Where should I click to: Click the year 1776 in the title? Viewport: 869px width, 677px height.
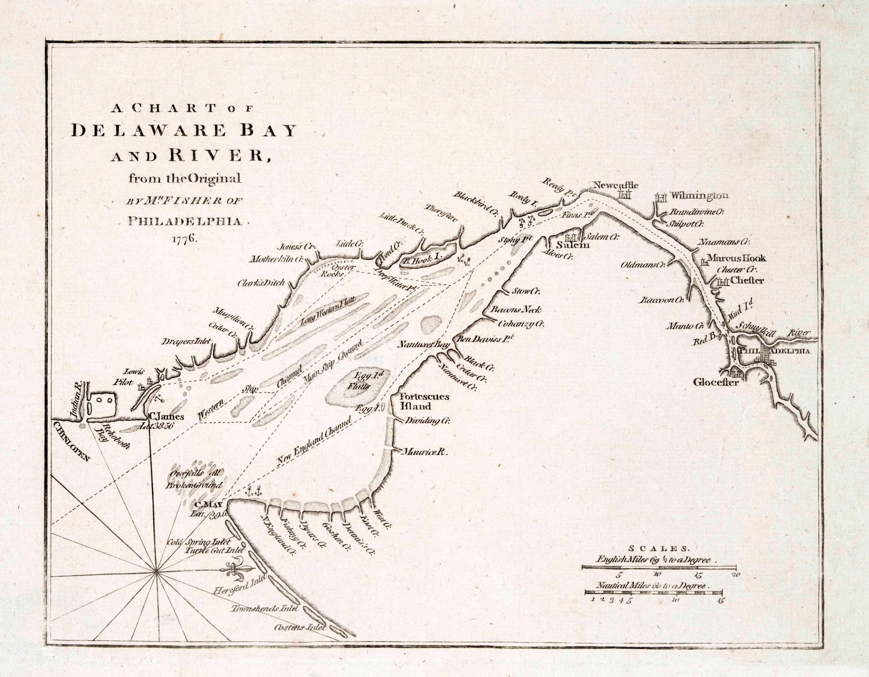(x=184, y=239)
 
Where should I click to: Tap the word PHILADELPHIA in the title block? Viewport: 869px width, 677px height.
(x=184, y=221)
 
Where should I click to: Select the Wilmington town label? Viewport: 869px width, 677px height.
(x=699, y=195)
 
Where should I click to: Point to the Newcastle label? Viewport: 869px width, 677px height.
(x=616, y=185)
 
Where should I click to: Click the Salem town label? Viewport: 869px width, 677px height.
(x=573, y=245)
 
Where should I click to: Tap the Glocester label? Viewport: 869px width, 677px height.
(x=716, y=382)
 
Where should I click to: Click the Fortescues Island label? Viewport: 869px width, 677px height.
(x=424, y=401)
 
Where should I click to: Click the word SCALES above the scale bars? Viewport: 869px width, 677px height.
(x=659, y=548)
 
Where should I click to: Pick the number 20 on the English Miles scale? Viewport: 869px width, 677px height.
(x=735, y=575)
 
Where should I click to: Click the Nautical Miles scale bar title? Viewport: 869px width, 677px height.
(x=652, y=586)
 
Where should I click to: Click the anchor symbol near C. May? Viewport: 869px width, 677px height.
(x=253, y=491)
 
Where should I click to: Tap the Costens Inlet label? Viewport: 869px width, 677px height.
(x=300, y=627)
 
